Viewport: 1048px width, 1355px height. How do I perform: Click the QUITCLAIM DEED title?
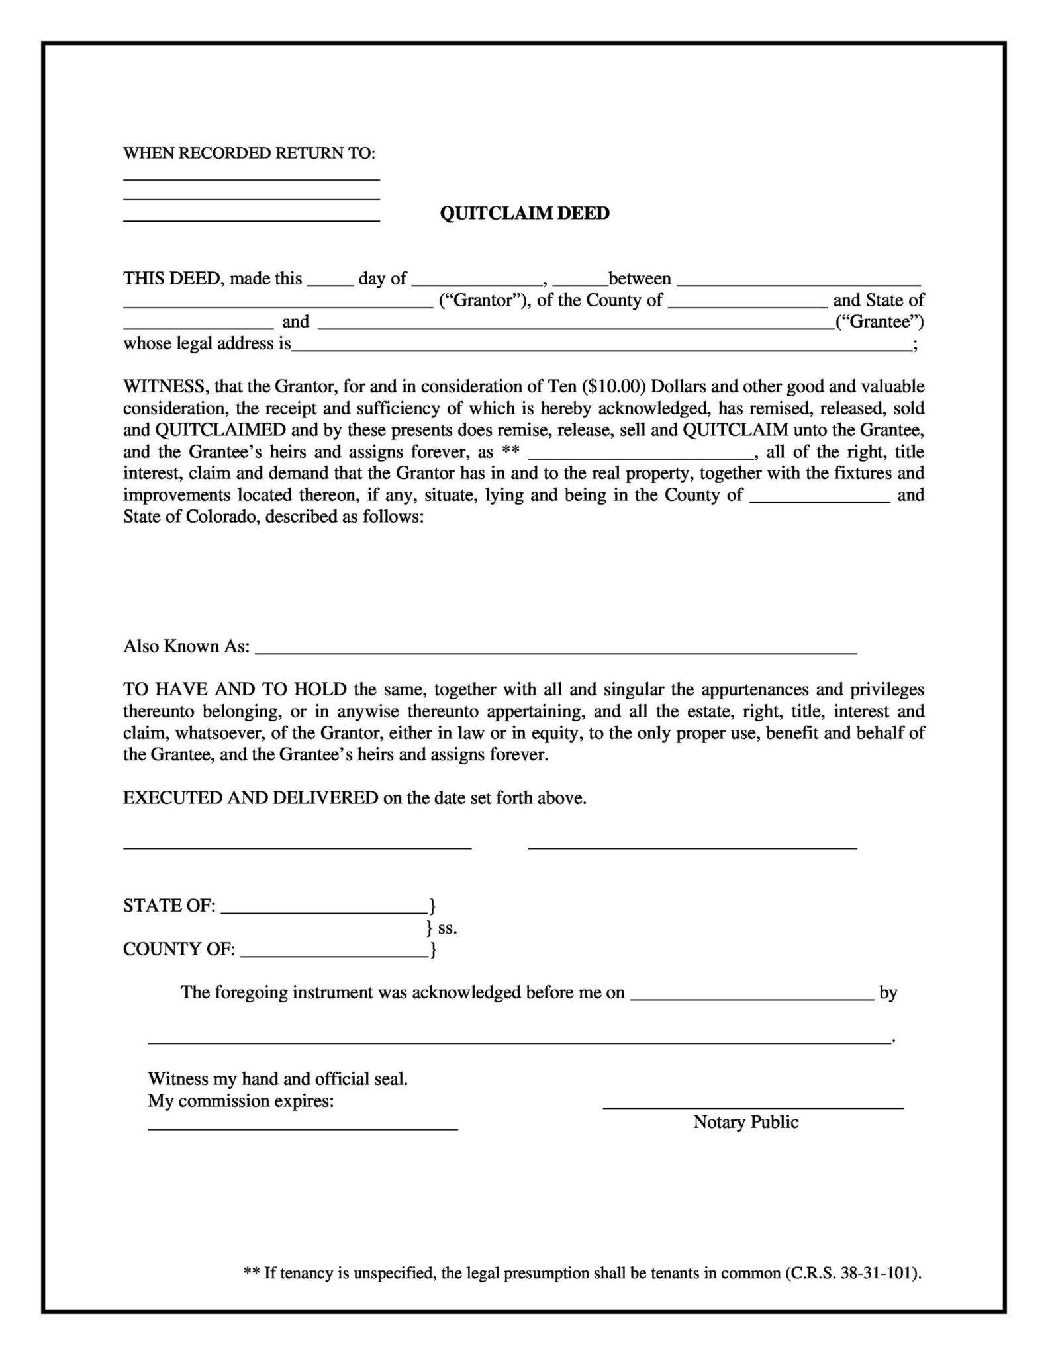tap(524, 213)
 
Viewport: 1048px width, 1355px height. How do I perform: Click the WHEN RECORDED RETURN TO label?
tap(249, 153)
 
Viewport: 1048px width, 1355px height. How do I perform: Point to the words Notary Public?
tap(745, 1122)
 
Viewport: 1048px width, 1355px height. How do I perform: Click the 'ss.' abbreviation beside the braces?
tap(448, 928)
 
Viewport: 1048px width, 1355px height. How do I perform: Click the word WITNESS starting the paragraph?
tap(166, 386)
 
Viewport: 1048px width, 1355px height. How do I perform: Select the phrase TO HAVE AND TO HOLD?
tap(235, 689)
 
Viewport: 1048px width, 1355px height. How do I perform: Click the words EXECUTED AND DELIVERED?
tap(250, 798)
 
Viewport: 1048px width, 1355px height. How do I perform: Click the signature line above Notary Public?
tap(753, 1106)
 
